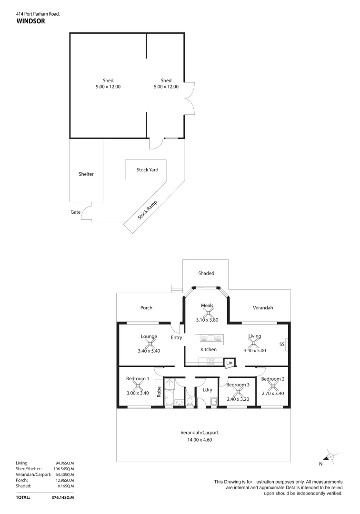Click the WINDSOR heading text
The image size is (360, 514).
point(30,21)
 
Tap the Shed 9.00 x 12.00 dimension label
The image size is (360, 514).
point(108,87)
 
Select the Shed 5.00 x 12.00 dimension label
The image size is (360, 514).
point(166,87)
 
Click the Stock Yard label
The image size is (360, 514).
point(147,170)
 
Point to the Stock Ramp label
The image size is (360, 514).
point(147,210)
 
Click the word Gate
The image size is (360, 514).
point(75,212)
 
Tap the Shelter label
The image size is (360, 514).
point(86,174)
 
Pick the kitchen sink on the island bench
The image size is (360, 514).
point(210,338)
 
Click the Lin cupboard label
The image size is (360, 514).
point(229,363)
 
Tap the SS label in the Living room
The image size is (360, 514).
point(281,344)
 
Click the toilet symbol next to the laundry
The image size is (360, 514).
point(190,403)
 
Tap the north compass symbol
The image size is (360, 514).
point(330,457)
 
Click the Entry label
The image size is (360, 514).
point(176,337)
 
